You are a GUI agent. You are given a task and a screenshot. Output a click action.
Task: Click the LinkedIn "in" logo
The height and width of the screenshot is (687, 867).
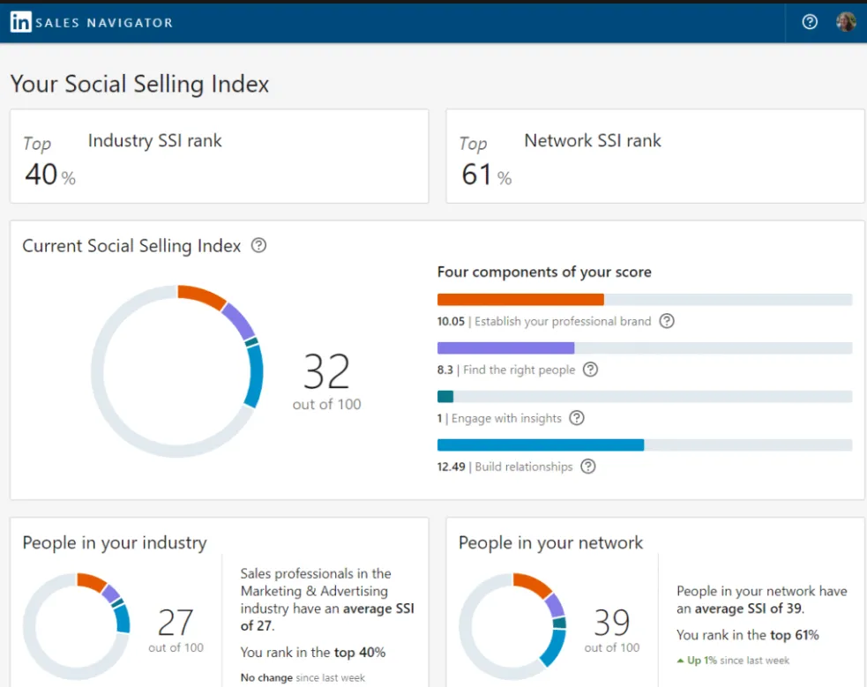20,22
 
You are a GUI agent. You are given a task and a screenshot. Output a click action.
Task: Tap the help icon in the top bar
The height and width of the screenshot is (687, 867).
810,22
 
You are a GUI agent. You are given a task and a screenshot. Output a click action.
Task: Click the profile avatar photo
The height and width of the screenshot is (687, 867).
846,22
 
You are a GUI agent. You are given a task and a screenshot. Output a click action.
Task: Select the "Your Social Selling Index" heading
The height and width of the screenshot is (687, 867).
139,85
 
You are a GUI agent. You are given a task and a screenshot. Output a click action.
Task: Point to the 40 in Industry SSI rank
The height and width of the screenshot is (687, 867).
41,174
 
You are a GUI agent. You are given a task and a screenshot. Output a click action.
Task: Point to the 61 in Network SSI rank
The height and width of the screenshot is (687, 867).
476,174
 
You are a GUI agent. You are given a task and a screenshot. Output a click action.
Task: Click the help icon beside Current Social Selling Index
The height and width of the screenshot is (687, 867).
258,246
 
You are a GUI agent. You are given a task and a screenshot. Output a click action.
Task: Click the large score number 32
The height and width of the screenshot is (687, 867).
326,372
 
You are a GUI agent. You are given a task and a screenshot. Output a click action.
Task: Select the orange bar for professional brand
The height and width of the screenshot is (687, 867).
520,300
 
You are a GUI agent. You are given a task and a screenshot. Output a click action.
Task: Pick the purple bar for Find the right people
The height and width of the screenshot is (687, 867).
505,348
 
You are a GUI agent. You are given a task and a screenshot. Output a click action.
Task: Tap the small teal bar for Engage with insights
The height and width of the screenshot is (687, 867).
445,397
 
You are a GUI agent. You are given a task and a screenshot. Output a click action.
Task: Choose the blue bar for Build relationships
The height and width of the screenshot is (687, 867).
540,445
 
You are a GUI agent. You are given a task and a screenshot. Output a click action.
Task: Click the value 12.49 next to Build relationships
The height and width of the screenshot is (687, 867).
451,467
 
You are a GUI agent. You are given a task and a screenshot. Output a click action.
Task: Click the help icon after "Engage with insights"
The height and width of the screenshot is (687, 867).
577,418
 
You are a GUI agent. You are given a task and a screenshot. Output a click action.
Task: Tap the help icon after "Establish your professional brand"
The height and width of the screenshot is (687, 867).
667,321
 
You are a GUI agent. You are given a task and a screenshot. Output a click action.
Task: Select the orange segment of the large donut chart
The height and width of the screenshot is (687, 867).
202,296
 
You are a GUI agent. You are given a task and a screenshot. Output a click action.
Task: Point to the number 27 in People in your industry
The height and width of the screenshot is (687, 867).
175,623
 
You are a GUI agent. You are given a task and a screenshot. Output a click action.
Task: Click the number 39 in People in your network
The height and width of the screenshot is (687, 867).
611,623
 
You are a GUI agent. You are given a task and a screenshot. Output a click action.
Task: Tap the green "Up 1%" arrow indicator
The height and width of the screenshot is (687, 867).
680,661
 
